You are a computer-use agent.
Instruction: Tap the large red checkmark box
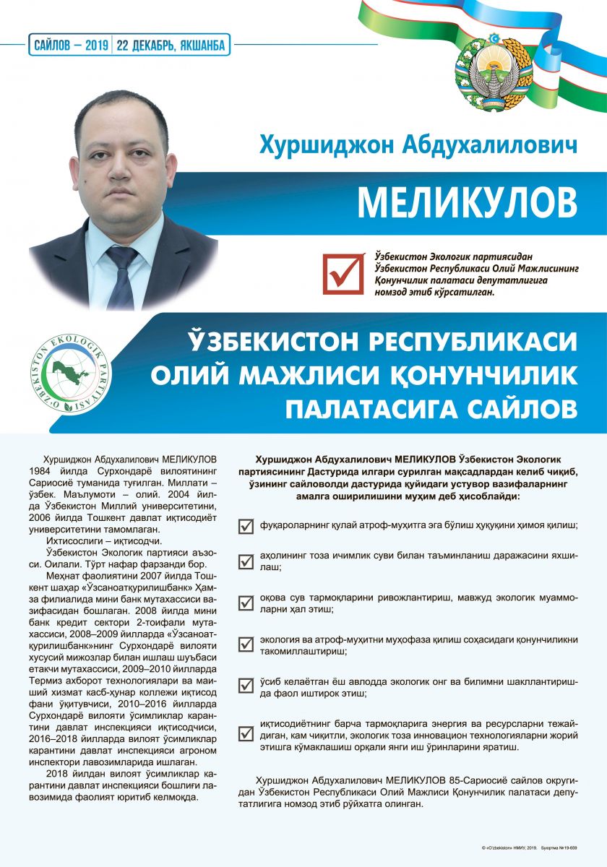click(343, 272)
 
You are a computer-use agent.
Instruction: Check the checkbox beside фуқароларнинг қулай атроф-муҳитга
click(246, 526)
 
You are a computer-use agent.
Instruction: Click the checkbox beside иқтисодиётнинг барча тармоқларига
click(246, 733)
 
